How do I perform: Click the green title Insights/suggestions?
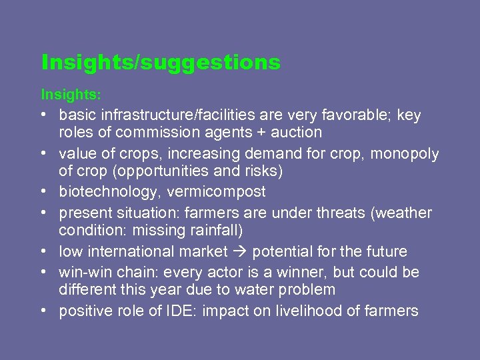[x=161, y=63]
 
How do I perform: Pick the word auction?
[x=297, y=132]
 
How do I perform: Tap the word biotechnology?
[x=106, y=192]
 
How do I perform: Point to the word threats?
[x=335, y=213]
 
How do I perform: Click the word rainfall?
[x=212, y=230]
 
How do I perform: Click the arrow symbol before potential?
[x=243, y=252]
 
